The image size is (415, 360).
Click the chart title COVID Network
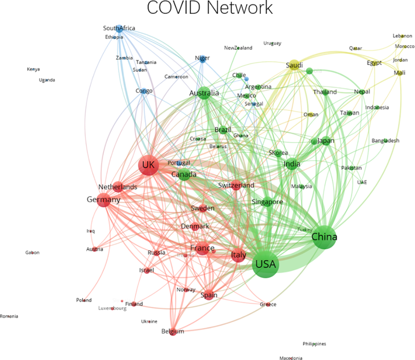pos(210,8)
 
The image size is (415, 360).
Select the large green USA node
pos(266,264)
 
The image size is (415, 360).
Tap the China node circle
pos(325,237)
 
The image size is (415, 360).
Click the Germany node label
pos(103,200)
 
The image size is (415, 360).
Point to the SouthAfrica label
pos(119,28)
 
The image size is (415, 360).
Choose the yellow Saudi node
pos(294,65)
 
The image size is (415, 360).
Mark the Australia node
pos(204,93)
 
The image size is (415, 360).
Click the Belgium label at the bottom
pos(173,331)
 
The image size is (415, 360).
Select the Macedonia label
pos(290,358)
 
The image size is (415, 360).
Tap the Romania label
pos(9,316)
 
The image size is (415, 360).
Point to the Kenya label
pos(33,69)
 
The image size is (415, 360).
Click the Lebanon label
pos(402,36)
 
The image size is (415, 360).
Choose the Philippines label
pos(314,343)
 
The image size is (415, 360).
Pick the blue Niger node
pos(203,58)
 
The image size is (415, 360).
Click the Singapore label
pos(267,202)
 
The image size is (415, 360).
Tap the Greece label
pos(268,304)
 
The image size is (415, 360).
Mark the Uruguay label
pos(272,43)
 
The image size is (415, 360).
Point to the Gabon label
pos(32,252)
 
